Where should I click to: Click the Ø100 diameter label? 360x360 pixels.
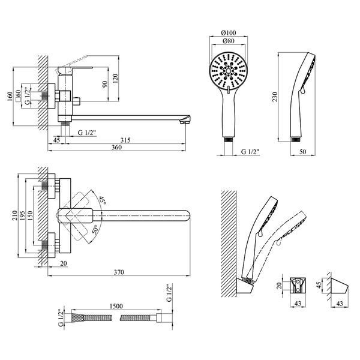(228, 33)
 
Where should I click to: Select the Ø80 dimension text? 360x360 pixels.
(229, 41)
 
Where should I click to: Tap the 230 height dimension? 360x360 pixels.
(275, 97)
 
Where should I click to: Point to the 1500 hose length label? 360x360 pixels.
(116, 306)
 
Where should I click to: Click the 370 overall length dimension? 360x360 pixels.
(119, 272)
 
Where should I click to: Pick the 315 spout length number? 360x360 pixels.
(125, 140)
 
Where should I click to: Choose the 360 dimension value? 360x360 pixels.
(116, 147)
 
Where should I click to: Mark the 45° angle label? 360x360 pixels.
(102, 201)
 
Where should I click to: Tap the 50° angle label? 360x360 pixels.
(95, 229)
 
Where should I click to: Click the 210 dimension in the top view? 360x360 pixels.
(14, 215)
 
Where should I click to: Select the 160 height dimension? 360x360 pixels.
(10, 96)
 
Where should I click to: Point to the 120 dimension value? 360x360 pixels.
(115, 78)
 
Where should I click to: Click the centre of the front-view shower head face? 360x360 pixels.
(229, 71)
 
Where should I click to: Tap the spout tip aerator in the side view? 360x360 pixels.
(183, 122)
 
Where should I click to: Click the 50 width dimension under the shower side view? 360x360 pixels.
(303, 152)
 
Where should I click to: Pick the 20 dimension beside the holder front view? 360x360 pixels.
(279, 286)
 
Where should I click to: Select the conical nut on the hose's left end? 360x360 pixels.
(76, 318)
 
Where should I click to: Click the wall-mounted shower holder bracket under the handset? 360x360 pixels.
(245, 286)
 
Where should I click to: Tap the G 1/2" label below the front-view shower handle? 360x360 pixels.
(250, 152)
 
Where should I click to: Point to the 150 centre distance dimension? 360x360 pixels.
(30, 215)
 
